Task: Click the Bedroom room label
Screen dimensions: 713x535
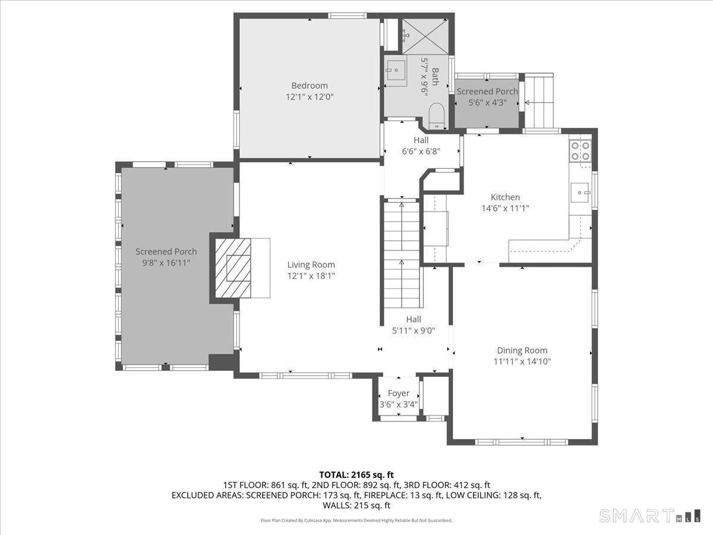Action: coord(309,86)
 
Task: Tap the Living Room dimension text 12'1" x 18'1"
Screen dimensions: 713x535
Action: coord(311,276)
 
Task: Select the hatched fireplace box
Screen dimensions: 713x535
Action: coord(233,268)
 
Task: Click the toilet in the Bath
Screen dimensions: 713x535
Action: coord(436,116)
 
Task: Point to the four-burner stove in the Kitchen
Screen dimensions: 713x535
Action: coord(580,151)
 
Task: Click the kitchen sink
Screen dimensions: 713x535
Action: coord(580,193)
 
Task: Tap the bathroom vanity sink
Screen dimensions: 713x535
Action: coord(395,70)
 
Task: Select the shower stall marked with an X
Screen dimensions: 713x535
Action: coord(425,36)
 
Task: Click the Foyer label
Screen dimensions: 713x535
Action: coord(399,393)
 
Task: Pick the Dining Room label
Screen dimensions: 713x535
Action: coord(522,350)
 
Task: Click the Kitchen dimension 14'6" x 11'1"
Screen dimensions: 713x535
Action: coord(505,208)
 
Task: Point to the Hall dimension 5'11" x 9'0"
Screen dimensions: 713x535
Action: coord(414,331)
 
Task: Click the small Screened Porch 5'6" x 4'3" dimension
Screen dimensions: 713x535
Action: coord(487,103)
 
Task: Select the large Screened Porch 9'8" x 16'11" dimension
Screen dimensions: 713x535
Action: coord(166,263)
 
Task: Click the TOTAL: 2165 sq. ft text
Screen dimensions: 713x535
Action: coord(356,475)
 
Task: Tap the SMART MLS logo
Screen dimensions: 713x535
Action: coord(649,515)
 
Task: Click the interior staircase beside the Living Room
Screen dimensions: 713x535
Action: coord(402,255)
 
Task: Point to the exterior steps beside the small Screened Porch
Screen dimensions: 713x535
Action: coord(539,100)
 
